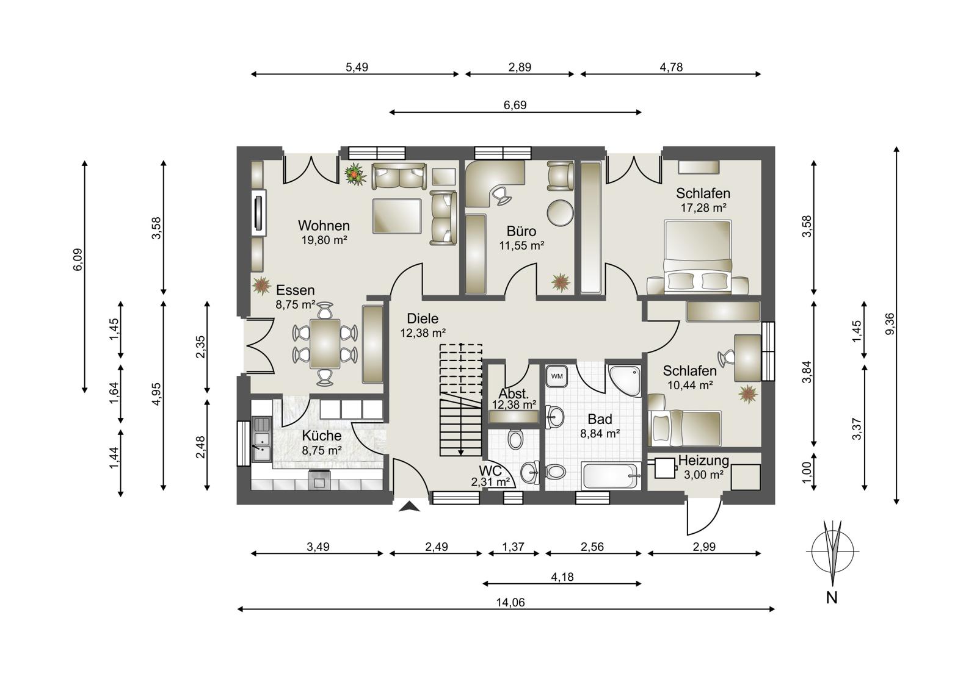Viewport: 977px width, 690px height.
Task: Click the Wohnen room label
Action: [324, 226]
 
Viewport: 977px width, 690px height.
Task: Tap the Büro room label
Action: [521, 231]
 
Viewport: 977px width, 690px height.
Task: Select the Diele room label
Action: [422, 318]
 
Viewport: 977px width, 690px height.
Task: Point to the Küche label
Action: [321, 436]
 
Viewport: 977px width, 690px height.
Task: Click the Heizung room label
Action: [703, 460]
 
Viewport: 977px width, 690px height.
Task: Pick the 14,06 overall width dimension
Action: [510, 602]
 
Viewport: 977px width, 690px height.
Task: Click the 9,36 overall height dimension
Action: [890, 324]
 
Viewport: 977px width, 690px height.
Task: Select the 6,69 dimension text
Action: [515, 105]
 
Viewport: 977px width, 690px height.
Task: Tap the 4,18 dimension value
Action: [562, 577]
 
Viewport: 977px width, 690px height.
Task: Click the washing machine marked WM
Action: [556, 376]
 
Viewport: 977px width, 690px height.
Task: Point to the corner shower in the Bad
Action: [625, 381]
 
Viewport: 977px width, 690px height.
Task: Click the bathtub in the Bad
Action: [611, 476]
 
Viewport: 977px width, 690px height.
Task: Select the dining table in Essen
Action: [325, 343]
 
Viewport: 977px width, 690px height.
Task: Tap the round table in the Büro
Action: [561, 213]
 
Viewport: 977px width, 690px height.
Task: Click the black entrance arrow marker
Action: [409, 506]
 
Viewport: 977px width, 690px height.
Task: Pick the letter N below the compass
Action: [832, 598]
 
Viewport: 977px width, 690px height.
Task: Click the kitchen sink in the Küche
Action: [262, 439]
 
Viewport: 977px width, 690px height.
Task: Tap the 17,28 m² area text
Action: [703, 208]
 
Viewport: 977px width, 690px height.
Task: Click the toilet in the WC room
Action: [515, 439]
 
